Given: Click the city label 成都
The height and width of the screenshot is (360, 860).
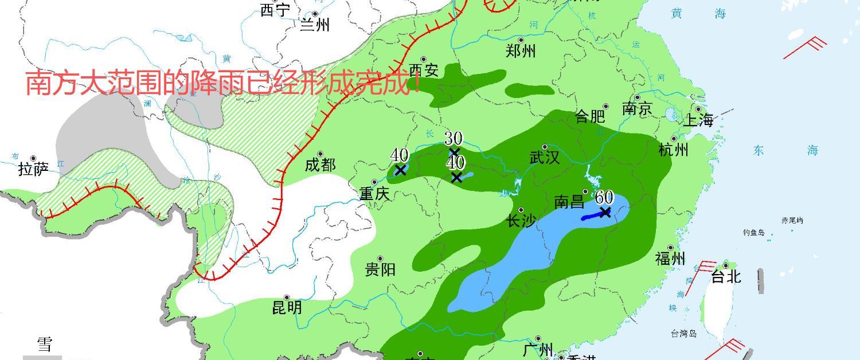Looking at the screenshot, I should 320,165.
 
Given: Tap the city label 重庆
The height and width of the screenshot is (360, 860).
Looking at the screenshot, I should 374,194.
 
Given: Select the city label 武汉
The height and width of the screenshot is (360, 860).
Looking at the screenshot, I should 544,158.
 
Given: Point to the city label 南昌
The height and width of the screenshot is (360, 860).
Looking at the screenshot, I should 569,202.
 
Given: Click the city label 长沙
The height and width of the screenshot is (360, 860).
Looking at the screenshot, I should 521,221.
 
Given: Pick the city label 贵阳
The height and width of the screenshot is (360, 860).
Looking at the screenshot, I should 380,269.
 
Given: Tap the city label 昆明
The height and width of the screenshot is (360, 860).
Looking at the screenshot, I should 287,308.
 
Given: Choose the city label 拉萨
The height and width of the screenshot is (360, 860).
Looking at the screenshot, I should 33,169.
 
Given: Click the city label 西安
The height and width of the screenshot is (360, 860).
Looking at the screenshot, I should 424,70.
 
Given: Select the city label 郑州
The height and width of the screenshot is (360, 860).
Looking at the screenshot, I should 521,51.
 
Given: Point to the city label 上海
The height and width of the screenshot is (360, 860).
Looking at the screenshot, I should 698,120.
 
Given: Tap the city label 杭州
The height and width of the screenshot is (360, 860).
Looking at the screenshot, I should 673,150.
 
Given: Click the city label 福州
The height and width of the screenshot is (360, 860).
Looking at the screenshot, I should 670,259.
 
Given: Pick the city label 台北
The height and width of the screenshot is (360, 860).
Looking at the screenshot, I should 726,277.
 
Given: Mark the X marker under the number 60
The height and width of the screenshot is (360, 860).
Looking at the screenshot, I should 605,212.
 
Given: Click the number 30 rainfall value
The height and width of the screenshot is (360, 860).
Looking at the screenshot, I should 454,138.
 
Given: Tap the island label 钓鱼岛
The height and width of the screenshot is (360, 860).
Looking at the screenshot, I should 754,233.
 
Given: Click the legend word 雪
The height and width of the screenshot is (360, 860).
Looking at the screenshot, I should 45,344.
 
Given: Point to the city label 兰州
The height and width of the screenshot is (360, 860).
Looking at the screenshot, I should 315,25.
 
